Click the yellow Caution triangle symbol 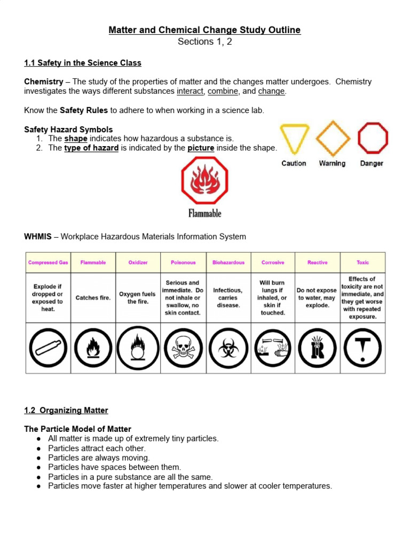pyautogui.click(x=295, y=137)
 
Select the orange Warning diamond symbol pyautogui.click(x=333, y=138)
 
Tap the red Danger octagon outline pyautogui.click(x=372, y=138)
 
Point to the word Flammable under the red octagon pyautogui.click(x=204, y=213)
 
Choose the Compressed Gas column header pyautogui.click(x=48, y=262)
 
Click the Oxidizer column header pyautogui.click(x=138, y=262)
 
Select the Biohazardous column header pyautogui.click(x=228, y=262)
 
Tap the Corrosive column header pyautogui.click(x=273, y=262)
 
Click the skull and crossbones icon pyautogui.click(x=183, y=349)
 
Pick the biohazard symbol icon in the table pyautogui.click(x=228, y=349)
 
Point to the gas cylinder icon pyautogui.click(x=48, y=349)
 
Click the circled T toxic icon pyautogui.click(x=362, y=349)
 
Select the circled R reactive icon pyautogui.click(x=318, y=349)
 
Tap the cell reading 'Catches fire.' pyautogui.click(x=93, y=298)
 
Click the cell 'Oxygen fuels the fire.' pyautogui.click(x=138, y=298)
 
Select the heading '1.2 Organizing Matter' pyautogui.click(x=66, y=411)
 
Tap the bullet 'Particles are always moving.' pyautogui.click(x=99, y=457)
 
